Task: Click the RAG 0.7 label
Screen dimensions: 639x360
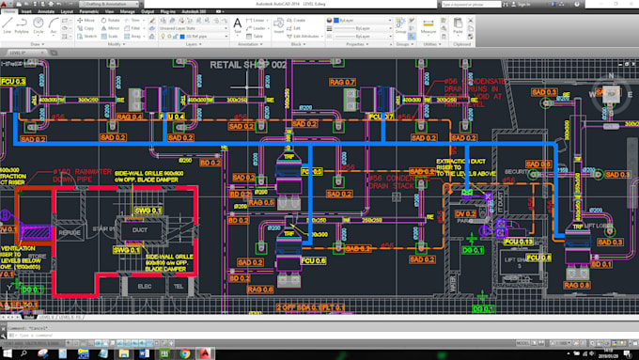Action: [342, 82]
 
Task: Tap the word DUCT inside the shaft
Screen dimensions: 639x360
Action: [138, 227]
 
